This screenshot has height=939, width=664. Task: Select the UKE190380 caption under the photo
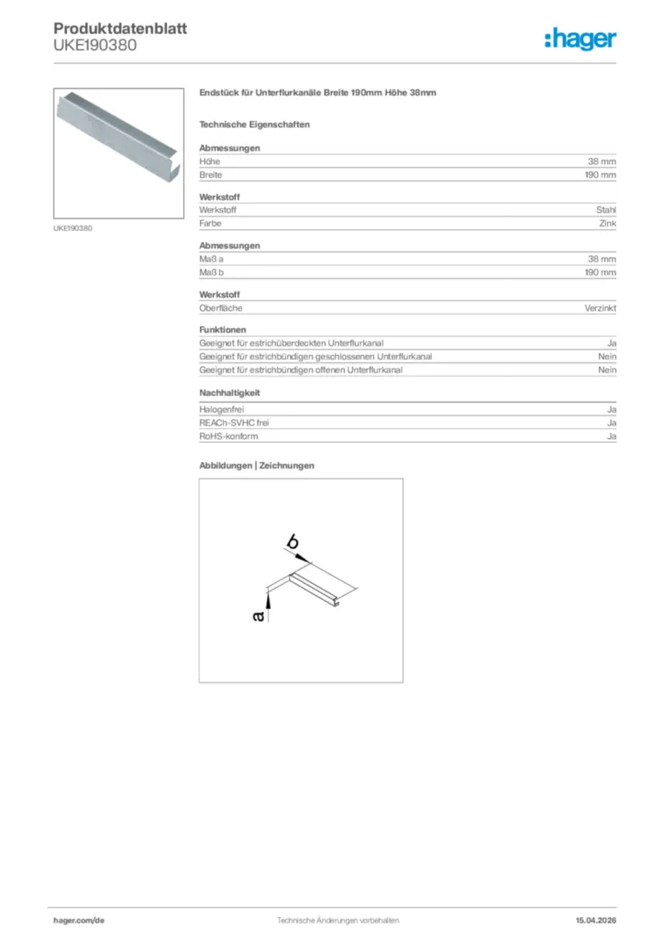[x=72, y=227]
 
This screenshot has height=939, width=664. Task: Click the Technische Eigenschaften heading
[x=254, y=124]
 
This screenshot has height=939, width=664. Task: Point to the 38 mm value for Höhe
[x=602, y=161]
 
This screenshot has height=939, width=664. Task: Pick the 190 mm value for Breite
[x=600, y=174]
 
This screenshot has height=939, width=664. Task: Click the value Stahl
[x=605, y=210]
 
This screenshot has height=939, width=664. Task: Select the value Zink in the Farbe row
[x=606, y=223]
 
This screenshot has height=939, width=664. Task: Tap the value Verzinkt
[x=600, y=308]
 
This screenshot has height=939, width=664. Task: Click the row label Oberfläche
[x=221, y=308]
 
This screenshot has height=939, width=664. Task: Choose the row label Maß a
[x=212, y=260]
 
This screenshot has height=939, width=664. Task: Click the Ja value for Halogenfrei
[x=611, y=409]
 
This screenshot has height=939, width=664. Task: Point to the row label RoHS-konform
[x=228, y=436]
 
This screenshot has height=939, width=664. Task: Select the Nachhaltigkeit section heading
[x=229, y=392]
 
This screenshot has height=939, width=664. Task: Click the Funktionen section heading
[x=222, y=329]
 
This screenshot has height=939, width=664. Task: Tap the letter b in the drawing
[x=292, y=544]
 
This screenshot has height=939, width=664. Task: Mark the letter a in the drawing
[x=259, y=617]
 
